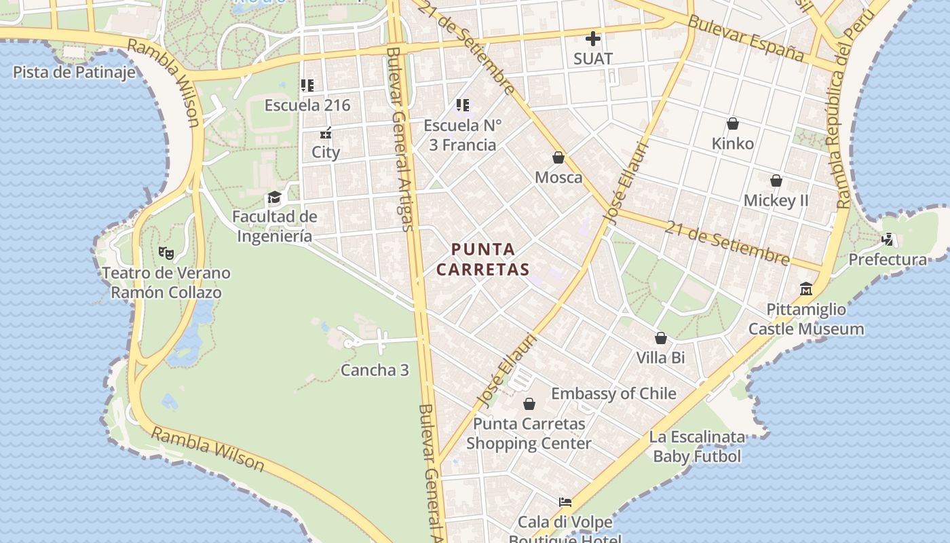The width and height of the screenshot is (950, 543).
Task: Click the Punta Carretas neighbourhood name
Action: click(x=482, y=259)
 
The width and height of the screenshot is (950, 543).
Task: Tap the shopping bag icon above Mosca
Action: click(x=558, y=157)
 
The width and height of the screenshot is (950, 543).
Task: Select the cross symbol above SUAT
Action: click(x=593, y=39)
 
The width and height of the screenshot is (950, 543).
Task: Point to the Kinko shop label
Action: click(x=733, y=143)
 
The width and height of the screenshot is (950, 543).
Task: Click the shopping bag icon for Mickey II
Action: click(x=776, y=181)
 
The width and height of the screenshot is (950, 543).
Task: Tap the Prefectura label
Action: click(x=888, y=259)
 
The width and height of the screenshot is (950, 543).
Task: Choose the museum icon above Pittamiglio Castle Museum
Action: click(x=806, y=289)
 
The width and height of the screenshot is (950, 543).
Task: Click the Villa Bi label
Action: click(x=660, y=357)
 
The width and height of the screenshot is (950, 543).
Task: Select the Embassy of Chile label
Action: click(x=613, y=394)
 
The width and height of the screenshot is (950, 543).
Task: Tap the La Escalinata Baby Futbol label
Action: click(x=697, y=447)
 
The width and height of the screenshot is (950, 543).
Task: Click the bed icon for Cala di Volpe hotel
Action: click(x=565, y=502)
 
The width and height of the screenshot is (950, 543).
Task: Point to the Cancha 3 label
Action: click(x=375, y=370)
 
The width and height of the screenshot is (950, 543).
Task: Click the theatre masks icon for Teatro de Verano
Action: click(x=166, y=252)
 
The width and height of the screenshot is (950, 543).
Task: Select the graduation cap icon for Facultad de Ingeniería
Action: click(x=274, y=198)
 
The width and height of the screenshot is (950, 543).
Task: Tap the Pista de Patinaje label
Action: click(x=74, y=72)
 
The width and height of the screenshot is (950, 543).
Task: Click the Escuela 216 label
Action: click(x=307, y=105)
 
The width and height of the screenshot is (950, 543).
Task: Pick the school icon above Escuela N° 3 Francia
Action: click(x=463, y=105)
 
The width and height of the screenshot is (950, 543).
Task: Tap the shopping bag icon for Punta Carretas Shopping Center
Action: click(x=529, y=405)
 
